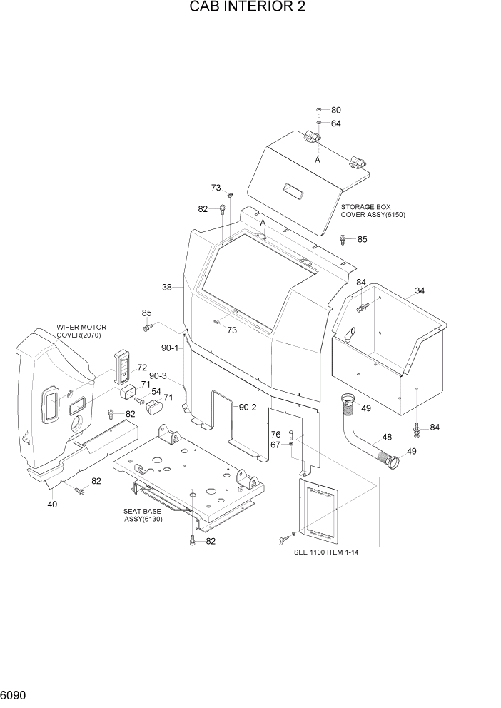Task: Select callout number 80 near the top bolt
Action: [335, 111]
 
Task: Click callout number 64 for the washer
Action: [335, 123]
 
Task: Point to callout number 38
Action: [167, 288]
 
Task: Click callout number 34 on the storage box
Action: [420, 290]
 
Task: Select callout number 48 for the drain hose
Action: [387, 438]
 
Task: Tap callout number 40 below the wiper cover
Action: [52, 505]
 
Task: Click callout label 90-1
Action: [170, 348]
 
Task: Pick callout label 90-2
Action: [248, 407]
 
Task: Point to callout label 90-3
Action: [158, 376]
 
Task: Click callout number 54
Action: [156, 391]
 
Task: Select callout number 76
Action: [275, 434]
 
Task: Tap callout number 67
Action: [275, 445]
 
